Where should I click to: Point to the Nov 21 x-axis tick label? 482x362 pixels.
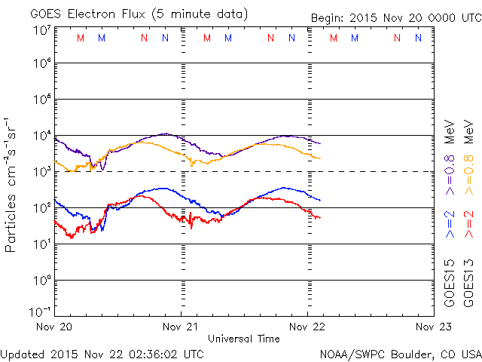pos(182,327)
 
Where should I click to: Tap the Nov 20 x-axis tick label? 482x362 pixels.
pos(56,327)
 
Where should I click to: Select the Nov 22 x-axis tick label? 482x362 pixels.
pos(307,327)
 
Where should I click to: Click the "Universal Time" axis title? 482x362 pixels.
pos(244,339)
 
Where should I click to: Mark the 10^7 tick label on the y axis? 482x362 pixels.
pos(41,29)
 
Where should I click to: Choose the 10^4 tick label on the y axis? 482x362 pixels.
pos(41,136)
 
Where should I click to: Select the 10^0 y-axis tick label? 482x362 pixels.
pos(41,280)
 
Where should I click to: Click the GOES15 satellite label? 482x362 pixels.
pos(450,284)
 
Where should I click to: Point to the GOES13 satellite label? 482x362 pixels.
pos(469,284)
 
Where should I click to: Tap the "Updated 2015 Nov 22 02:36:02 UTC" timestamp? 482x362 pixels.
pos(102,353)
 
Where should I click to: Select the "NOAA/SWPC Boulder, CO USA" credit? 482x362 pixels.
pos(399,353)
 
